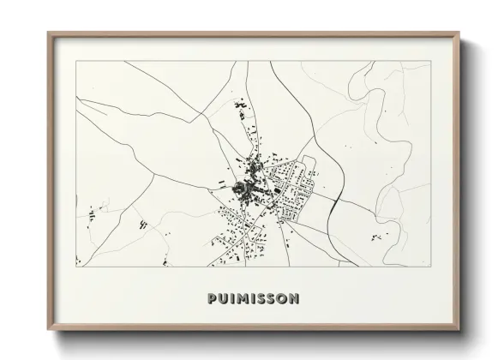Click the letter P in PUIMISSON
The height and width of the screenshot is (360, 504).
pyautogui.click(x=212, y=299)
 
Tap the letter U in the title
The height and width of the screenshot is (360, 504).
pyautogui.click(x=223, y=299)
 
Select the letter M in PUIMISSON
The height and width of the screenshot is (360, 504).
pyautogui.click(x=242, y=299)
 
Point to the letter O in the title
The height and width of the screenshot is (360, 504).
pyautogui.click(x=282, y=299)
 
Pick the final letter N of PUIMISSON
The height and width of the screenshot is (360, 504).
pyautogui.click(x=294, y=299)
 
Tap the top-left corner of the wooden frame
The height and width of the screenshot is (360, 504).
pyautogui.click(x=48, y=32)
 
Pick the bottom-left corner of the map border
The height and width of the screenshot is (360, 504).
pyautogui.click(x=76, y=267)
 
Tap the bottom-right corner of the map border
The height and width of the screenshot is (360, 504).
pyautogui.click(x=429, y=267)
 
